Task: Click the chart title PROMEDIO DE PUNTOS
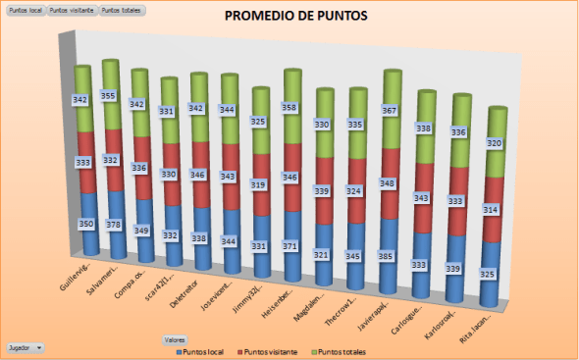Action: pos(296,17)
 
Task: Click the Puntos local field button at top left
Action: pos(26,10)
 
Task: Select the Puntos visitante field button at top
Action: pos(72,10)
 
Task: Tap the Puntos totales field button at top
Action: pos(122,10)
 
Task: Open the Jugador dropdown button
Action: pos(26,347)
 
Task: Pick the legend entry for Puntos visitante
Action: pos(271,350)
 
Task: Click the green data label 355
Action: pos(110,96)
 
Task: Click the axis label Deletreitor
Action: pos(193,278)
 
